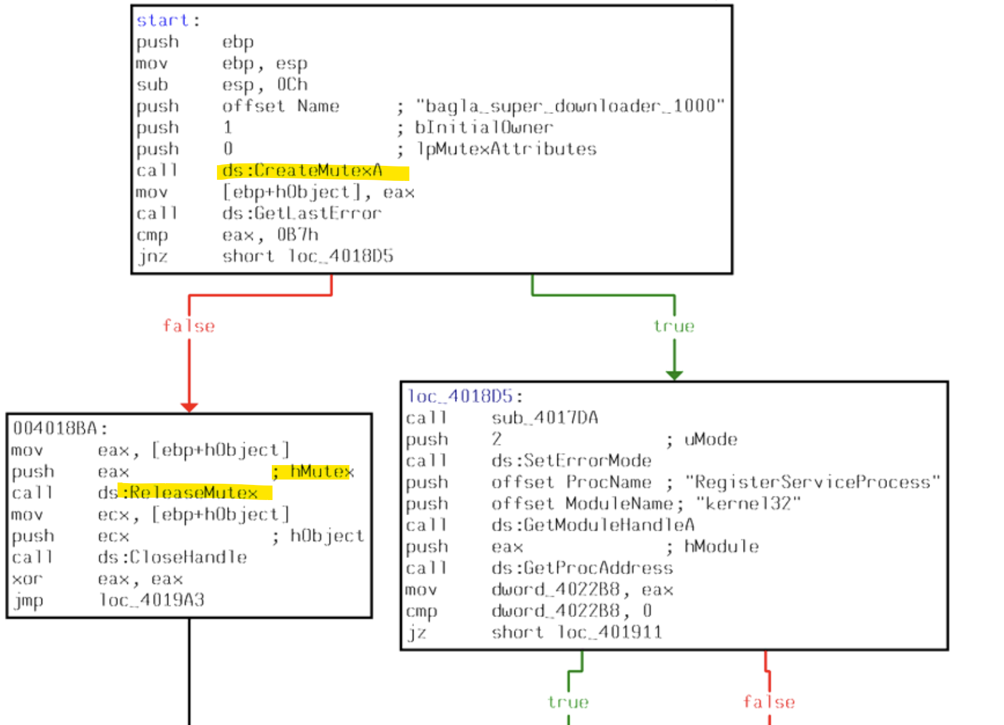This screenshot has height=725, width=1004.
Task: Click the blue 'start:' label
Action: pos(163,21)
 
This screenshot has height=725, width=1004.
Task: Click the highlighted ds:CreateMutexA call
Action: pos(303,171)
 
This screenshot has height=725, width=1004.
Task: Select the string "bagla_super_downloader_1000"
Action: pos(569,106)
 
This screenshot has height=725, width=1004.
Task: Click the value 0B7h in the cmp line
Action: pos(297,235)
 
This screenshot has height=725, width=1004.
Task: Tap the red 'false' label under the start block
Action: pos(189,326)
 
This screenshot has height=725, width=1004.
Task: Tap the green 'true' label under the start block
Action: pos(674,326)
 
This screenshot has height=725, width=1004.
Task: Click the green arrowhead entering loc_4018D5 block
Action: pos(674,375)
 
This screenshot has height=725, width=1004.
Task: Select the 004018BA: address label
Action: pos(60,429)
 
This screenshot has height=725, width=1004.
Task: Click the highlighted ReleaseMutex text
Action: pos(194,493)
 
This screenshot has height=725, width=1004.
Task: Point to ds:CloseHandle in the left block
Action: pos(172,557)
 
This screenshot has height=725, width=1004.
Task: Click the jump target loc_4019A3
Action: pos(152,600)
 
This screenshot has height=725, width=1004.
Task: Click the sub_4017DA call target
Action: pos(545,418)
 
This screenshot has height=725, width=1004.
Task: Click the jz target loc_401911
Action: pos(609,633)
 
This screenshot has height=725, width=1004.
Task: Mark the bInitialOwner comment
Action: pos(483,128)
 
